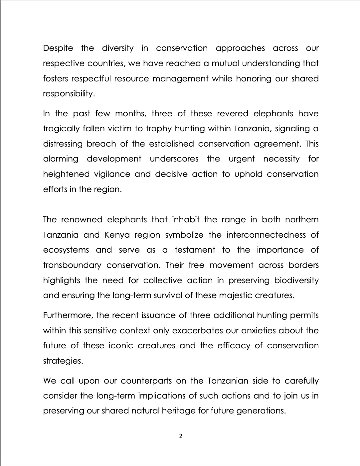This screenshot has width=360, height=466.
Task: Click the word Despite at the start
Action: tap(58, 48)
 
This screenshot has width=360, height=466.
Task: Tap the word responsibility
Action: tap(69, 94)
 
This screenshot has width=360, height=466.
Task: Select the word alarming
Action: tap(61, 159)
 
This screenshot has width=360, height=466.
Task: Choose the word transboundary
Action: tap(72, 265)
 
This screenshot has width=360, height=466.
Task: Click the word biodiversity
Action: tap(296, 281)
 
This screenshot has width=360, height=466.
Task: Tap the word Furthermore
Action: tap(68, 315)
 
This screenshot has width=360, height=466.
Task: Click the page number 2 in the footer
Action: tap(181, 436)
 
